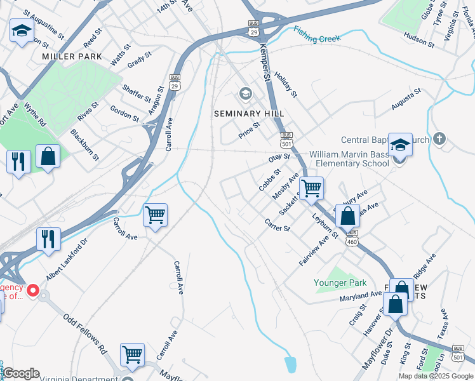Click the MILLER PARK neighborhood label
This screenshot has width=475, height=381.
(72, 57)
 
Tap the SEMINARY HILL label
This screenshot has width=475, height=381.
(248, 113)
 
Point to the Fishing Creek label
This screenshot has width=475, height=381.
(318, 35)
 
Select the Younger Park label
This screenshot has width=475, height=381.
(340, 283)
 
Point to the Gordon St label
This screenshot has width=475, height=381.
(124, 113)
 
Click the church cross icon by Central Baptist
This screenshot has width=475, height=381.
(439, 140)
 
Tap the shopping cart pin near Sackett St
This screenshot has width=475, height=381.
(311, 188)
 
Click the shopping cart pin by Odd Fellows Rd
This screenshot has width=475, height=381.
(132, 354)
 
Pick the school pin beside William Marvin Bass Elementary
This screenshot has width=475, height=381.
(400, 145)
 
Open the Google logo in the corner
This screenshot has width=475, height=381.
(21, 373)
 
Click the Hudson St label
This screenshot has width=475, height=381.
(418, 41)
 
